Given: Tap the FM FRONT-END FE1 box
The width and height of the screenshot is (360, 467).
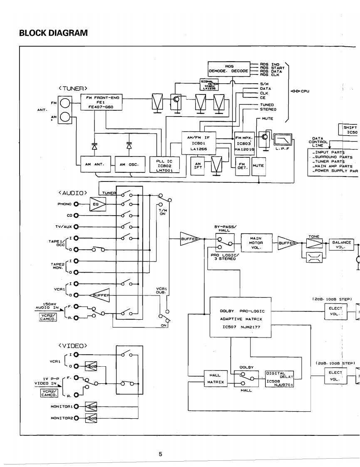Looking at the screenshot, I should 102,102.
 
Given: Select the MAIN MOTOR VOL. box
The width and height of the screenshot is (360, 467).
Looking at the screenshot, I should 256,243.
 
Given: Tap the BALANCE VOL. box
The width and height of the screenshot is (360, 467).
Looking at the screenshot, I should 341,244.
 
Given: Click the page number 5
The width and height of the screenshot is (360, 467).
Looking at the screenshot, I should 160,454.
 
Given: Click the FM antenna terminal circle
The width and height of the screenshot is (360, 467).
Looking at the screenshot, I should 65,103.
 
